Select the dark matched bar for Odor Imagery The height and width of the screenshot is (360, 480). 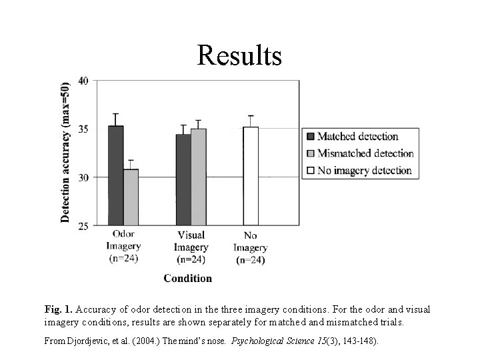pyautogui.click(x=116, y=176)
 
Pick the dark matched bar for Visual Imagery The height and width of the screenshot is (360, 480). pyautogui.click(x=183, y=180)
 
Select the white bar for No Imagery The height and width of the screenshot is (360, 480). pyautogui.click(x=251, y=176)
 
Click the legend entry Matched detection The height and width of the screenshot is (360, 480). pyautogui.click(x=357, y=137)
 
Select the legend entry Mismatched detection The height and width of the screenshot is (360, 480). pyautogui.click(x=365, y=153)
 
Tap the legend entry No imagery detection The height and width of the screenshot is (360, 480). pyautogui.click(x=364, y=170)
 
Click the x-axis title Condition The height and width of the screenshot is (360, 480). pyautogui.click(x=188, y=278)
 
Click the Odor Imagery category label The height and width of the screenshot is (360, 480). pyautogui.click(x=124, y=247)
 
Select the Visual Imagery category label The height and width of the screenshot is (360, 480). pyautogui.click(x=191, y=247)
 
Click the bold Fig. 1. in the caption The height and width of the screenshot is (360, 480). pyautogui.click(x=59, y=309)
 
